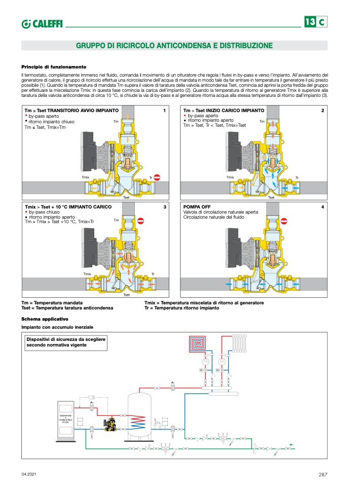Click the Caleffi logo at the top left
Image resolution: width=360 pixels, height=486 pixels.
tap(42, 23)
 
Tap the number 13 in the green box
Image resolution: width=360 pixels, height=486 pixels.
tap(310, 22)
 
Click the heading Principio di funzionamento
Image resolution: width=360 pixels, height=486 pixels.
tap(54, 67)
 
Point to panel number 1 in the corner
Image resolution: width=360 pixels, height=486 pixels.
tap(164, 110)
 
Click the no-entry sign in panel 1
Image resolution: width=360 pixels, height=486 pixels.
tap(157, 178)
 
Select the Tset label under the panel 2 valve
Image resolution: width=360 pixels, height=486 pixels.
tap(271, 197)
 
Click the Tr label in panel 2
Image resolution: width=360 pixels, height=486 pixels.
tap(297, 178)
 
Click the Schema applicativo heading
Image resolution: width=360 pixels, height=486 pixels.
tap(45, 319)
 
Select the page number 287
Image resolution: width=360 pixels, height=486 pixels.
tap(323, 474)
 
